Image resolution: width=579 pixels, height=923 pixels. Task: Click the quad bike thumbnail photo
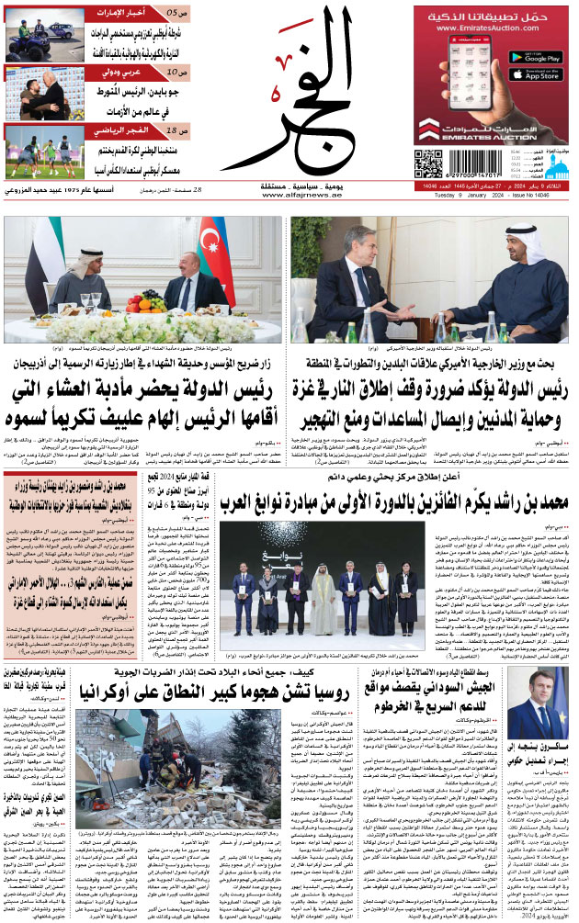[x=32, y=36]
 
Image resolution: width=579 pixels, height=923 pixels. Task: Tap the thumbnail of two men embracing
[x=32, y=94]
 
